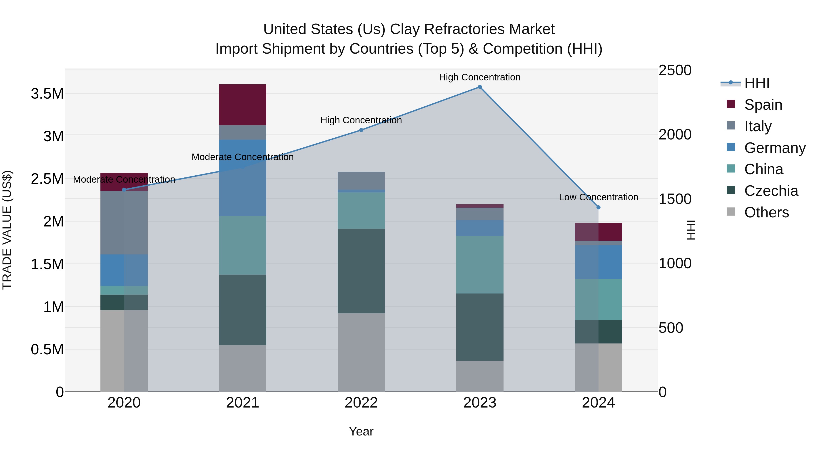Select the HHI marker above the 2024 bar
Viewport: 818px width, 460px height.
[599, 207]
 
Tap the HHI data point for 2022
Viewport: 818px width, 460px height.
[361, 130]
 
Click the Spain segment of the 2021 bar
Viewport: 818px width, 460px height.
[243, 105]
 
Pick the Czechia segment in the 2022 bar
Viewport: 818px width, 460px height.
[361, 271]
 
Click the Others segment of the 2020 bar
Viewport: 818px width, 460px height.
[124, 351]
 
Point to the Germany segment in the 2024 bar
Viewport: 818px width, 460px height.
[599, 262]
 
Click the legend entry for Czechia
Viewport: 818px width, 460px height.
[771, 191]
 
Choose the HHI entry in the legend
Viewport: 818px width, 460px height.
[757, 83]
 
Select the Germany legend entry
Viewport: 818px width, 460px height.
[775, 148]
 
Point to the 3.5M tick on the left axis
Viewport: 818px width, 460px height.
[47, 94]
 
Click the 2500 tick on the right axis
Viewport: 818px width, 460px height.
[675, 70]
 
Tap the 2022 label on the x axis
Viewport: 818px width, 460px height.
[361, 403]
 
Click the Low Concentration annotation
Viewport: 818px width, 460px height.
[599, 197]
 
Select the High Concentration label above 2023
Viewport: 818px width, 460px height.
[479, 77]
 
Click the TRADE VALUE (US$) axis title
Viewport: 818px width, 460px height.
[7, 230]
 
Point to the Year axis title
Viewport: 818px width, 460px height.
[361, 431]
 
